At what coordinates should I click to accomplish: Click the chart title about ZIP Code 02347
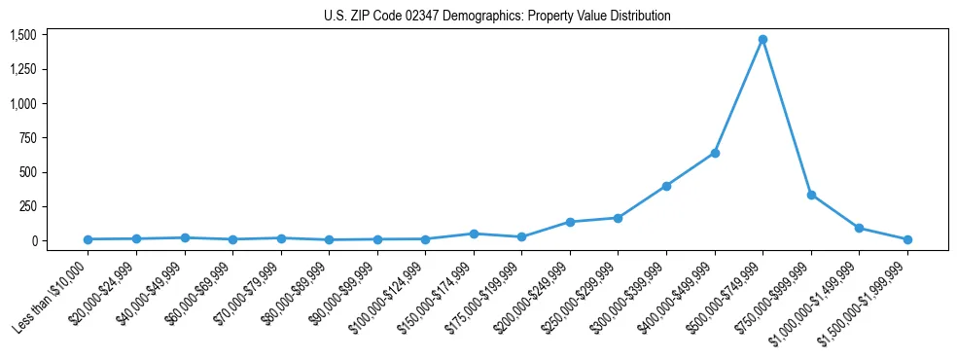pyautogui.click(x=497, y=17)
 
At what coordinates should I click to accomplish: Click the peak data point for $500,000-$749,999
pyautogui.click(x=762, y=40)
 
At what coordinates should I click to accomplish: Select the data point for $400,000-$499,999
pyautogui.click(x=715, y=153)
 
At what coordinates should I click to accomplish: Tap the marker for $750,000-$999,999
pyautogui.click(x=811, y=195)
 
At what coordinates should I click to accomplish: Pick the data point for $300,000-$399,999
pyautogui.click(x=666, y=186)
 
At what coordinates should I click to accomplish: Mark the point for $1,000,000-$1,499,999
pyautogui.click(x=859, y=228)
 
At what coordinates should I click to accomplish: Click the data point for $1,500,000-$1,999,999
pyautogui.click(x=907, y=239)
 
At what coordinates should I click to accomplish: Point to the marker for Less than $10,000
pyautogui.click(x=88, y=239)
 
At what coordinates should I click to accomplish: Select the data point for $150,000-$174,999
pyautogui.click(x=474, y=234)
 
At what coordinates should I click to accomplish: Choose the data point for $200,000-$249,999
pyautogui.click(x=570, y=222)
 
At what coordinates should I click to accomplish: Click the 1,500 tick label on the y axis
pyautogui.click(x=22, y=35)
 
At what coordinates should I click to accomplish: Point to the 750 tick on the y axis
pyautogui.click(x=26, y=138)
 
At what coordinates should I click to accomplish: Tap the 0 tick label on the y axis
pyautogui.click(x=32, y=241)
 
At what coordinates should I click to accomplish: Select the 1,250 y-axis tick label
pyautogui.click(x=22, y=69)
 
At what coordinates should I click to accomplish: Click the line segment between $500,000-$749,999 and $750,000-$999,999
pyautogui.click(x=787, y=117)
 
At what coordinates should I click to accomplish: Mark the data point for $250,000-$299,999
pyautogui.click(x=618, y=218)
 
